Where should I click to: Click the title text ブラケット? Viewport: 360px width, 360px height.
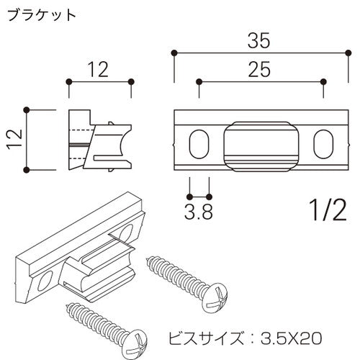[x=40, y=16]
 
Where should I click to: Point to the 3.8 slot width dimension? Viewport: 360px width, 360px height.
[x=199, y=213]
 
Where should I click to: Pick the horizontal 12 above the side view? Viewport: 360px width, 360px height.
[x=99, y=69]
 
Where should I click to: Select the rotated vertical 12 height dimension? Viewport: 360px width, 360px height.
[x=13, y=140]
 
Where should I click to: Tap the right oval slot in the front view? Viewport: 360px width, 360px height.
[x=322, y=143]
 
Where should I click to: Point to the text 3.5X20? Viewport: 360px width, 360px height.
[x=288, y=336]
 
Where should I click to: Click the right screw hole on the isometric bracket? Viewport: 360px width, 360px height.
[x=127, y=232]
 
